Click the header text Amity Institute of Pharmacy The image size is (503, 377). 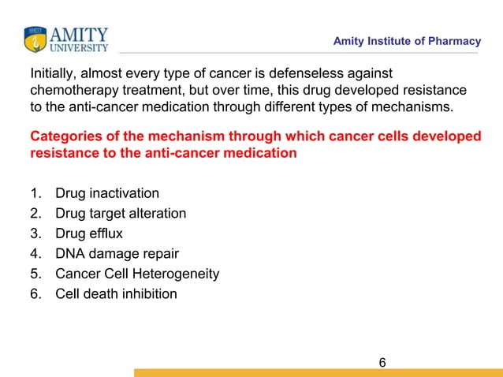(x=407, y=41)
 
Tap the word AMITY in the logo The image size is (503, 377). (x=80, y=34)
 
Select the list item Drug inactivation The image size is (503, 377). (x=106, y=193)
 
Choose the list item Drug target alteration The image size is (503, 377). (x=121, y=214)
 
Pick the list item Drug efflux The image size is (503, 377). (x=88, y=233)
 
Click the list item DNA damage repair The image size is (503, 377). (x=117, y=254)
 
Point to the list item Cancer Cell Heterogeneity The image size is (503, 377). (x=136, y=274)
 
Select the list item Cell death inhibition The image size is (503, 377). (x=116, y=294)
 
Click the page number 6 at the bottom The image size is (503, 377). (x=382, y=363)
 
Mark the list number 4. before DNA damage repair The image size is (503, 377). (x=35, y=254)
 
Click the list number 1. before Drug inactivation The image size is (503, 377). (x=35, y=193)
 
